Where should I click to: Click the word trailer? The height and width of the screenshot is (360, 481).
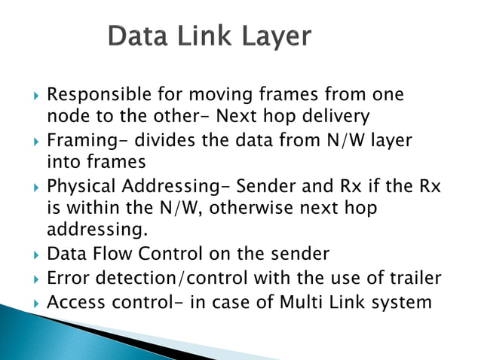[412, 278]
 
